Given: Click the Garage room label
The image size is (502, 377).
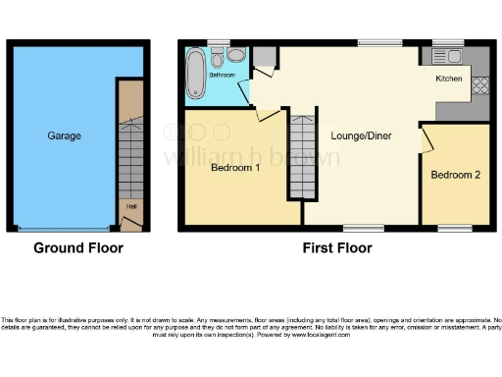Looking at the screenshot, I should tap(64, 135).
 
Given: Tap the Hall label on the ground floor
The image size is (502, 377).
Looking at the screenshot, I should tap(130, 207).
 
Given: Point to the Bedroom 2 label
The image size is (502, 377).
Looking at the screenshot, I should tap(456, 175).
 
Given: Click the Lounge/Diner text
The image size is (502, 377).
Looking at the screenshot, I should tap(361, 135).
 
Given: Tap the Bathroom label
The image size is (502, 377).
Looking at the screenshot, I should tap(221, 75).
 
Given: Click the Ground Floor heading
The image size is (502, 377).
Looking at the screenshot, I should tap(78, 248).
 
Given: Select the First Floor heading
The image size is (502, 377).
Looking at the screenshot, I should tap(336, 248).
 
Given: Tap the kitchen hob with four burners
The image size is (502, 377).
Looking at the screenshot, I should tap(480, 85).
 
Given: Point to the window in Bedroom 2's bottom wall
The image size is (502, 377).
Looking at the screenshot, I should tap(454, 229).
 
